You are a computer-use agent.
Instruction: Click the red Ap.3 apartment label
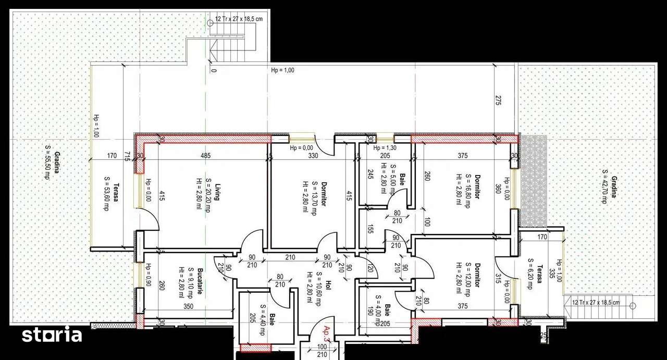(x=327, y=333)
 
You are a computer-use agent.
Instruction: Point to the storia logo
(x=52, y=335)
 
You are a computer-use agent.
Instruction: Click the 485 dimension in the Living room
(x=206, y=156)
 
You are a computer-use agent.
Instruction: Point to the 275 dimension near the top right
(x=498, y=101)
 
